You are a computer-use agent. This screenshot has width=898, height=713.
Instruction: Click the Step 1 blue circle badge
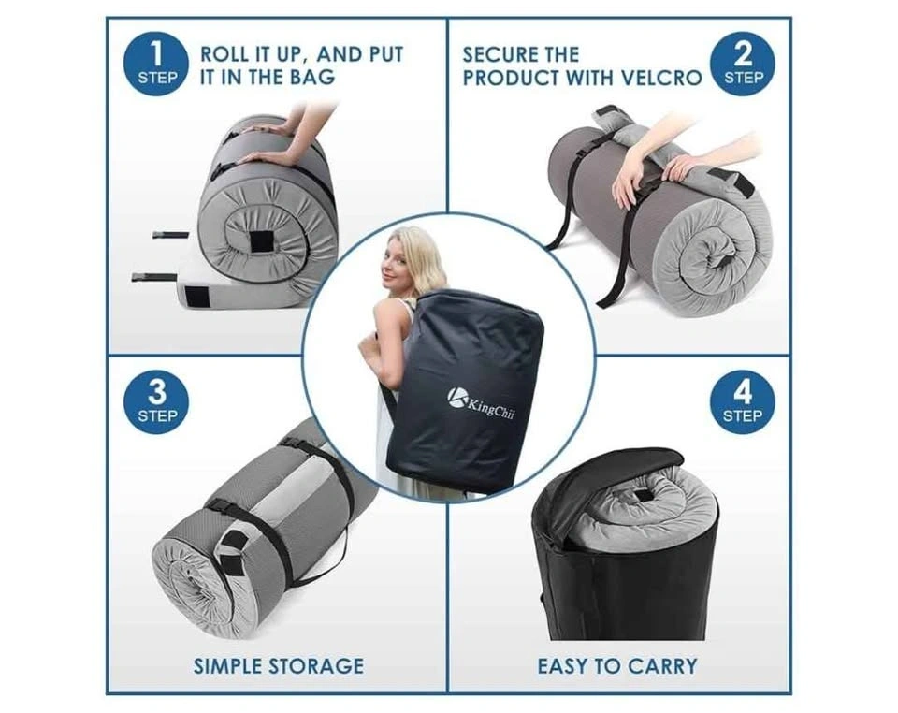156,64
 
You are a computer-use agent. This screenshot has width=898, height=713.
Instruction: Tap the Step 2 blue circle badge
743,64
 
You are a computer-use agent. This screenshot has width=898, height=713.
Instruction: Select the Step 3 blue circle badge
156,401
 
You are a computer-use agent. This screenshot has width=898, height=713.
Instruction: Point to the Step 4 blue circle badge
743,401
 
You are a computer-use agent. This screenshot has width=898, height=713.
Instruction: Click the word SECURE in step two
496,55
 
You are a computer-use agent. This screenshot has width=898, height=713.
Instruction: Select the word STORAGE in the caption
316,666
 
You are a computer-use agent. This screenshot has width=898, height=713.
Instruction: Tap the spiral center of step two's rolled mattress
718,255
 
